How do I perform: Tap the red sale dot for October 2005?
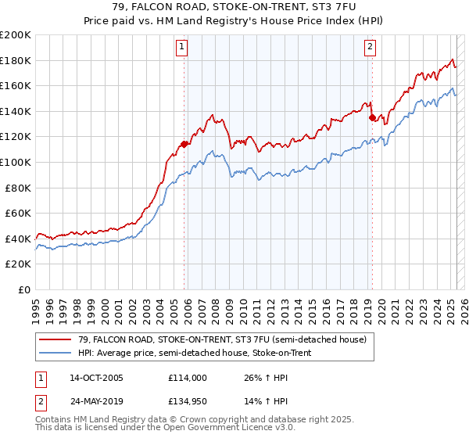pyautogui.click(x=184, y=144)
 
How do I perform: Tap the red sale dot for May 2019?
pyautogui.click(x=372, y=117)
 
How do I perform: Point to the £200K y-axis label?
pyautogui.click(x=16, y=35)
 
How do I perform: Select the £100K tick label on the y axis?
pyautogui.click(x=16, y=162)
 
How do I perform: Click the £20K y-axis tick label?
pyautogui.click(x=19, y=264)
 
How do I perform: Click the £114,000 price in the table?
pyautogui.click(x=187, y=378)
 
